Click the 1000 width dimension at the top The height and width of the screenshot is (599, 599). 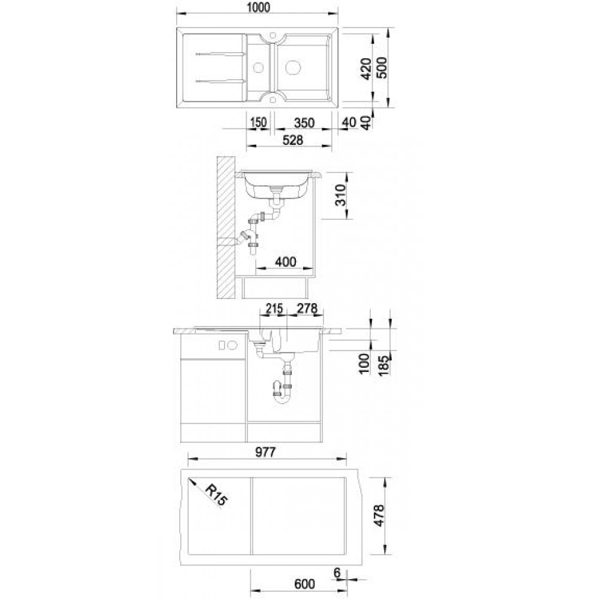(x=259, y=8)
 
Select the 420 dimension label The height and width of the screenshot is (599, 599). (x=366, y=69)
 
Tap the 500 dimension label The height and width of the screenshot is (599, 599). (x=381, y=68)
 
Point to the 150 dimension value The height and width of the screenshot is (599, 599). (x=258, y=123)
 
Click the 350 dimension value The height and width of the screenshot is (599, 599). (x=304, y=123)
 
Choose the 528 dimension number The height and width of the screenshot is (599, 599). (x=293, y=140)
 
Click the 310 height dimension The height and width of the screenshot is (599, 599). (x=340, y=195)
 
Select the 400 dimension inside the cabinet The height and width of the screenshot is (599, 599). (x=286, y=262)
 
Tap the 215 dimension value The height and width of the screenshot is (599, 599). (x=274, y=308)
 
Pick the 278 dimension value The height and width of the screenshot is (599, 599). (x=307, y=308)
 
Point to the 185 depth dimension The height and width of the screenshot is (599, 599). (x=383, y=365)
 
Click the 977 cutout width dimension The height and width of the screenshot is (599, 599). (x=265, y=452)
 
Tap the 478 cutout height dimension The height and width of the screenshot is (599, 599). (x=379, y=516)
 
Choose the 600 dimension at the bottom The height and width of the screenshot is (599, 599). (x=304, y=584)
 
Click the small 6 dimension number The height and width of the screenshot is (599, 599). (x=337, y=573)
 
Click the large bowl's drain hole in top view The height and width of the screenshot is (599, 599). (x=293, y=68)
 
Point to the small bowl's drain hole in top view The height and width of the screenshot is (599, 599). (x=259, y=68)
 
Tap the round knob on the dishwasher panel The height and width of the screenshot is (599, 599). (x=232, y=346)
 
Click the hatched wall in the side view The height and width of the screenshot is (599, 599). (x=225, y=228)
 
